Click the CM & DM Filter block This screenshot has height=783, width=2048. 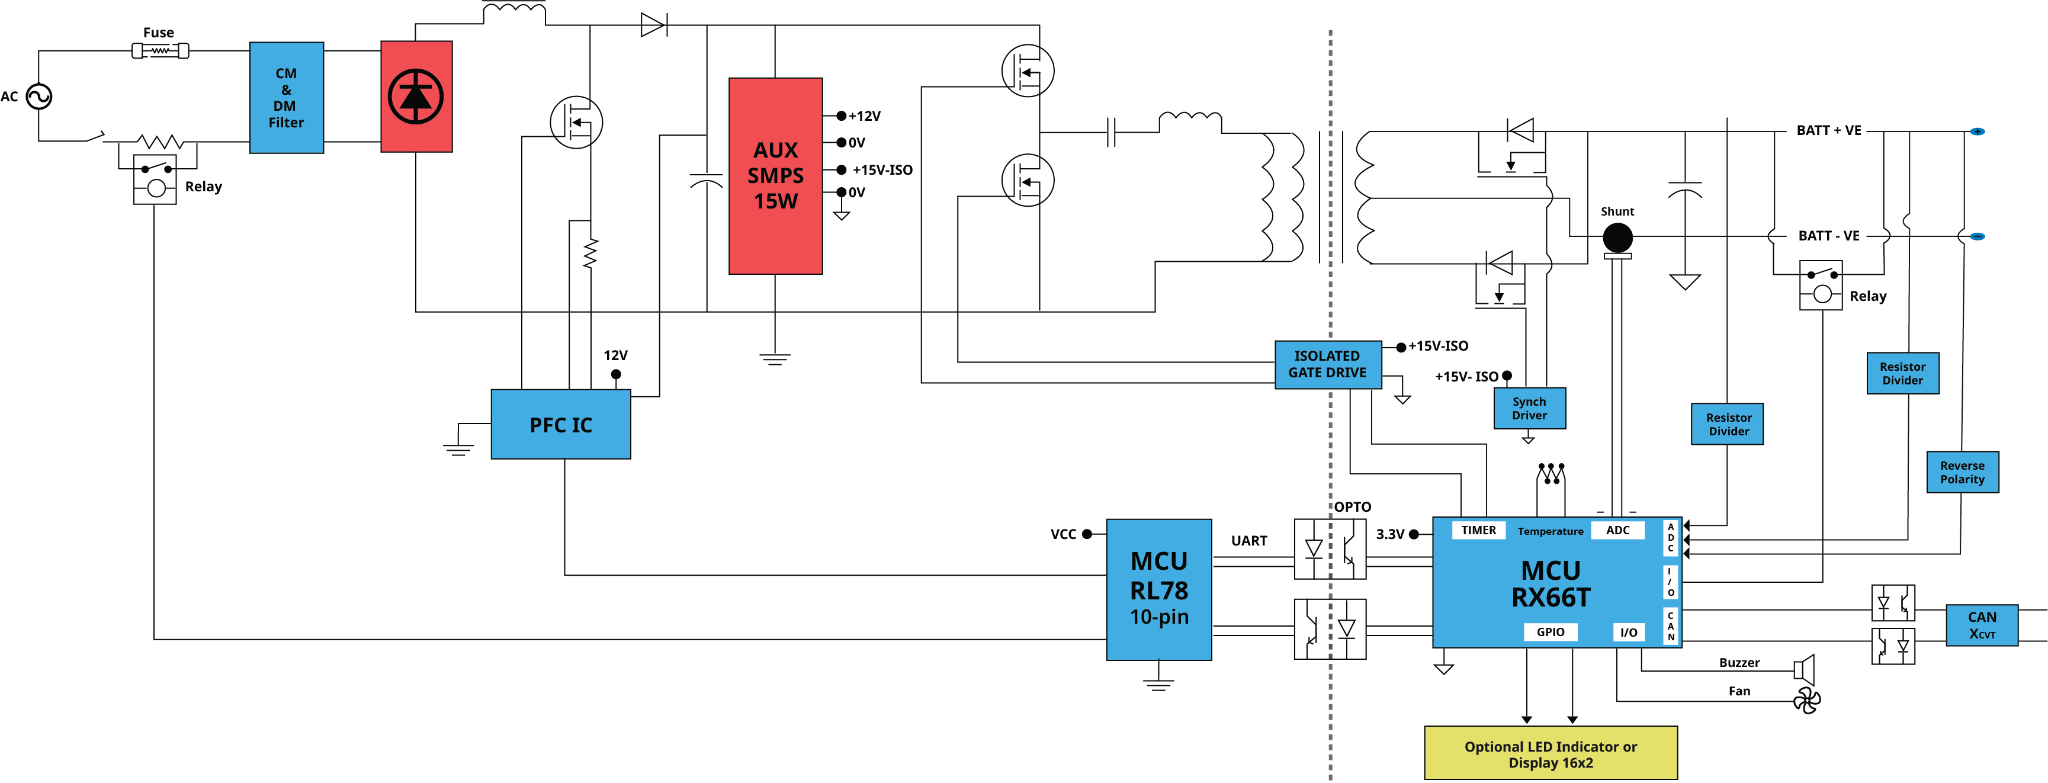pyautogui.click(x=286, y=98)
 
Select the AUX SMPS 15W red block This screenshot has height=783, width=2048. pyautogui.click(x=775, y=176)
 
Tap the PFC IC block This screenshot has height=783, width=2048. pyautogui.click(x=560, y=425)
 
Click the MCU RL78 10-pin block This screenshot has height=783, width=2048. pyautogui.click(x=1159, y=590)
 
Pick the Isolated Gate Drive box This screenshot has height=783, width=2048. pyautogui.click(x=1328, y=365)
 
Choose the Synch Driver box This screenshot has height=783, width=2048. pyautogui.click(x=1530, y=409)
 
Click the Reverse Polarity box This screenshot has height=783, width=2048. pyautogui.click(x=1962, y=472)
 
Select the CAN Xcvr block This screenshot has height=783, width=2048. pyautogui.click(x=1982, y=625)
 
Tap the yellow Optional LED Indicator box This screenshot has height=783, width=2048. pyautogui.click(x=1551, y=753)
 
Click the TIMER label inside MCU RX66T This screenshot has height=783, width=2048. pyautogui.click(x=1478, y=530)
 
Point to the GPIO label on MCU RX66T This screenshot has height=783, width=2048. pyautogui.click(x=1551, y=632)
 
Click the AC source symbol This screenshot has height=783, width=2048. pyautogui.click(x=39, y=97)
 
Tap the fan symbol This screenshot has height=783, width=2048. pyautogui.click(x=1806, y=700)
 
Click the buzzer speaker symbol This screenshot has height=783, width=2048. pyautogui.click(x=1804, y=670)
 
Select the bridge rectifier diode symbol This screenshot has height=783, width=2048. pyautogui.click(x=416, y=97)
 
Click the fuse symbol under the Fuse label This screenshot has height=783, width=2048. pyautogui.click(x=160, y=51)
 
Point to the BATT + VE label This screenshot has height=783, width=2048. pyautogui.click(x=1829, y=130)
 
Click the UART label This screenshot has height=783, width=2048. pyautogui.click(x=1249, y=541)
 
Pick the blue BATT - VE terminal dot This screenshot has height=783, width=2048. pyautogui.click(x=1978, y=236)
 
